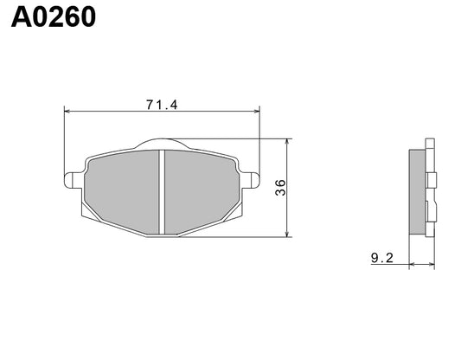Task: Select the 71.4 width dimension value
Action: click(x=162, y=105)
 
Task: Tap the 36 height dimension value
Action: click(x=280, y=188)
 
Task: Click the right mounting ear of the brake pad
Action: click(x=252, y=178)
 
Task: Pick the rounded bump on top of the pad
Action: click(x=162, y=144)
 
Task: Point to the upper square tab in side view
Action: click(x=430, y=179)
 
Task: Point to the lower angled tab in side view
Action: click(x=430, y=208)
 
